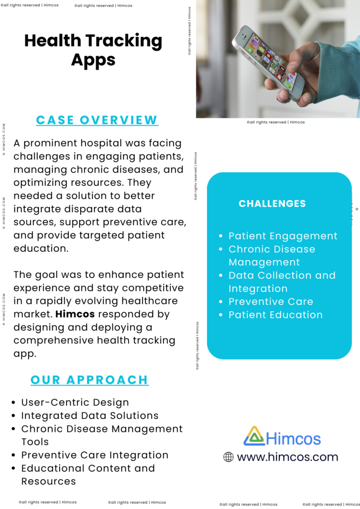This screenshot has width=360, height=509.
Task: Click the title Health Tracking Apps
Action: pyautogui.click(x=93, y=50)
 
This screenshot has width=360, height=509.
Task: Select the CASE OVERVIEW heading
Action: pyautogui.click(x=97, y=120)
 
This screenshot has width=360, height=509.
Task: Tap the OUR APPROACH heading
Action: pyautogui.click(x=90, y=380)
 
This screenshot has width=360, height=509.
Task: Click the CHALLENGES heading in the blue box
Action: pyautogui.click(x=272, y=203)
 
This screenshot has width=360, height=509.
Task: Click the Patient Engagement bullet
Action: pyautogui.click(x=282, y=236)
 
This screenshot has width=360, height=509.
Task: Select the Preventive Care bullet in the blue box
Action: pyautogui.click(x=270, y=302)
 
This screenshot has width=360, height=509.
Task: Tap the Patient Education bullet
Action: pyautogui.click(x=275, y=315)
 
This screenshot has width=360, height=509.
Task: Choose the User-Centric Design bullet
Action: pyautogui.click(x=75, y=403)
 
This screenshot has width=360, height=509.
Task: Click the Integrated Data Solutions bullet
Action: pyautogui.click(x=90, y=416)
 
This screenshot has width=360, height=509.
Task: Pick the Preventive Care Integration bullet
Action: pyautogui.click(x=94, y=455)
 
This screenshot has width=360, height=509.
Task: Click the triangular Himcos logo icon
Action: pyautogui.click(x=254, y=436)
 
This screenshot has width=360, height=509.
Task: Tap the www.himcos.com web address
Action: pyautogui.click(x=287, y=457)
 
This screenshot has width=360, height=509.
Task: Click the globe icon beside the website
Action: pyautogui.click(x=228, y=457)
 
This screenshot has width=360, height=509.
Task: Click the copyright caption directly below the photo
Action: pyautogui.click(x=275, y=122)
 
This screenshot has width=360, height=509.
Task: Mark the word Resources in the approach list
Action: pyautogui.click(x=48, y=481)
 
